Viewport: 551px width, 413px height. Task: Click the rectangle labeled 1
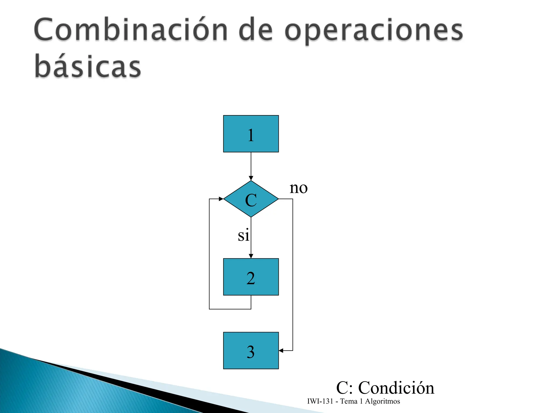(x=251, y=134)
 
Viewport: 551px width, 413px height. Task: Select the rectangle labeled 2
(x=251, y=277)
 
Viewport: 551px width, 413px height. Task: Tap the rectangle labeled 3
(x=251, y=350)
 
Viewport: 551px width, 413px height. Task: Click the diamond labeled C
(x=251, y=199)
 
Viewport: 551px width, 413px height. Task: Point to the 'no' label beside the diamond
(x=298, y=188)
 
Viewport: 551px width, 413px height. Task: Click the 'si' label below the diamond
(x=243, y=236)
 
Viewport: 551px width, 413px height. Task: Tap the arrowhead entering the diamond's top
(x=251, y=178)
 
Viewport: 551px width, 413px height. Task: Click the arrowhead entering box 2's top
(x=251, y=256)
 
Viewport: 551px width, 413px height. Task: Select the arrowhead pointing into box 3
(x=281, y=350)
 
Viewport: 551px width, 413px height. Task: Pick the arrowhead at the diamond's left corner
(x=221, y=199)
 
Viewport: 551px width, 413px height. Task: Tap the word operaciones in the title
(x=373, y=30)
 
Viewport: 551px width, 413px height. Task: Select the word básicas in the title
(x=88, y=66)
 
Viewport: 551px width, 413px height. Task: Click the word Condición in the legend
(x=396, y=388)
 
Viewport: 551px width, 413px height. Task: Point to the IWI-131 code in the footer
(x=320, y=401)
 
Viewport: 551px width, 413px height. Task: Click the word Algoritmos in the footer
(x=382, y=401)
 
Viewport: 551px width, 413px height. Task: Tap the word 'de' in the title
(x=256, y=30)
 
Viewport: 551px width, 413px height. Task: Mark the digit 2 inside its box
(x=250, y=278)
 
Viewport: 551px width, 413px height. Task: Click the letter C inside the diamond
(x=251, y=200)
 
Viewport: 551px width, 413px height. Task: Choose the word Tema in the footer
(x=349, y=401)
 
